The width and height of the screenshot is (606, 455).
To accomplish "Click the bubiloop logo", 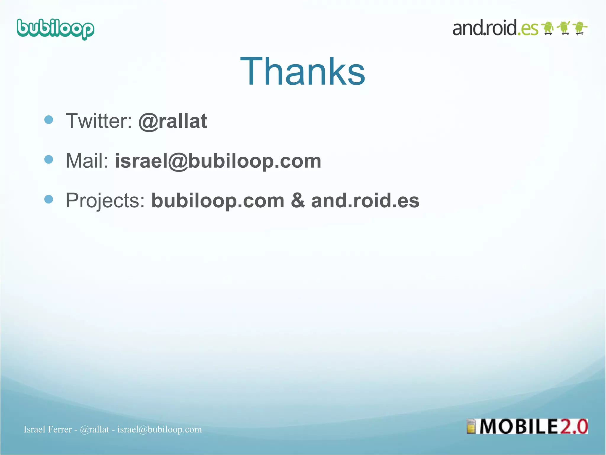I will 56,29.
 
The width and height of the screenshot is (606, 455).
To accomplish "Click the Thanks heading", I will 303,72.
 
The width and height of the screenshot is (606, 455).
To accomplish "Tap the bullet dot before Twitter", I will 49,120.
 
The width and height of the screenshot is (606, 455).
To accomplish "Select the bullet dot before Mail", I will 49,159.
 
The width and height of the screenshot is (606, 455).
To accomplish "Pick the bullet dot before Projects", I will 49,199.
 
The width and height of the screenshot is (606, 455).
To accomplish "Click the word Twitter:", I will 99,121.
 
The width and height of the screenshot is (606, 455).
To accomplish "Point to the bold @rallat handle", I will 173,121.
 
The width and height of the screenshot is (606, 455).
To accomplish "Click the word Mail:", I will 87,161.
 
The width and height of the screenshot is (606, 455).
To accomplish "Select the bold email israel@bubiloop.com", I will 218,161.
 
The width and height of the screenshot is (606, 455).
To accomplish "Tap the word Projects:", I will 105,201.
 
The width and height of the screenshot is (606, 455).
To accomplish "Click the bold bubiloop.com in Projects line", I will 218,201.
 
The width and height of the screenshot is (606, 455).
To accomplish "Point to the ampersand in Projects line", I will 297,201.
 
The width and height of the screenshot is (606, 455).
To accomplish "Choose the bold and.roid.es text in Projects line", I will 365,201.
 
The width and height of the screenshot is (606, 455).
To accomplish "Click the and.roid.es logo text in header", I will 495,28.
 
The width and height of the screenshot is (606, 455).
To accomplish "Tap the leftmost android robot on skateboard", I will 548,28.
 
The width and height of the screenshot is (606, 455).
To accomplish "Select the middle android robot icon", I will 564,28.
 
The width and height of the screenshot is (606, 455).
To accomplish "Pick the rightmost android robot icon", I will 580,28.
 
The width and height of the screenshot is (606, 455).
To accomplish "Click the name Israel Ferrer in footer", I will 48,429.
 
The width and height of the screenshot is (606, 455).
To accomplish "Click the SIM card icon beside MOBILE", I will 471,427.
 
